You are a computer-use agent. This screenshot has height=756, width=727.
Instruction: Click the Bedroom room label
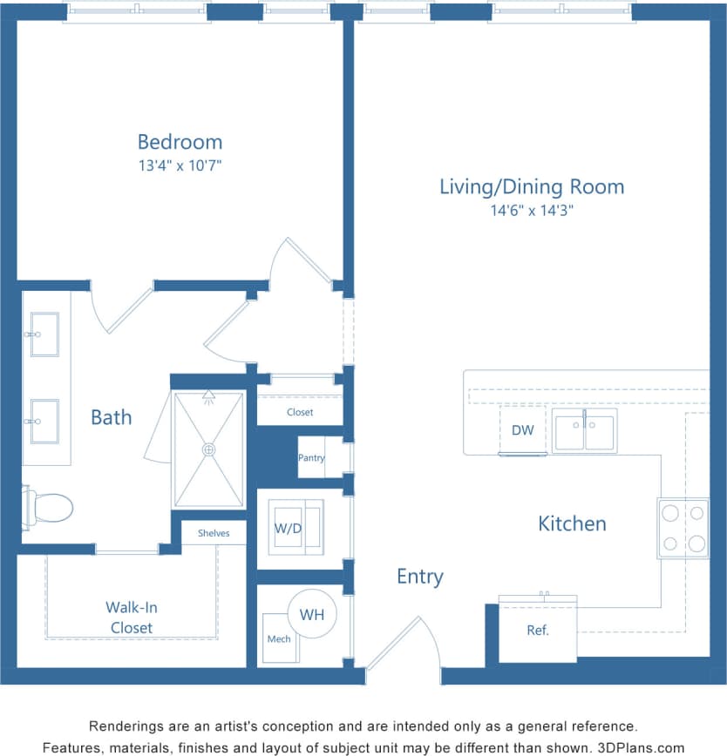click(x=180, y=142)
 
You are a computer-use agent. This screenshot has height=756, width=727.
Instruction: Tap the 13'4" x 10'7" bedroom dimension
click(x=180, y=165)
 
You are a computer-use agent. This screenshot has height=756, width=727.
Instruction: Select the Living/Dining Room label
click(x=531, y=186)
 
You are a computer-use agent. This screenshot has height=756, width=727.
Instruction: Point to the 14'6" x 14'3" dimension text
click(x=531, y=210)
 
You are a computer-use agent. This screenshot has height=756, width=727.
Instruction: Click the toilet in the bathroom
click(x=48, y=506)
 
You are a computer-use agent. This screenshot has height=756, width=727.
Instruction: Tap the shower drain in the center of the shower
click(x=208, y=449)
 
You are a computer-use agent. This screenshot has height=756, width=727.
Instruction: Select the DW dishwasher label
click(x=522, y=430)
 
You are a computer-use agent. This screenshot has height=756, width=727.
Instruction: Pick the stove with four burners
click(x=683, y=528)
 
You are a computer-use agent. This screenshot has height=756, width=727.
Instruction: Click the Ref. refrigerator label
click(x=538, y=631)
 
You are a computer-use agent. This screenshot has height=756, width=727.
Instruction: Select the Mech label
click(x=279, y=639)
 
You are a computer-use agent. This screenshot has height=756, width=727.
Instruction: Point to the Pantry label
click(x=311, y=458)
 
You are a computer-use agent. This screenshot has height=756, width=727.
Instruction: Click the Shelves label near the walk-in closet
click(x=214, y=533)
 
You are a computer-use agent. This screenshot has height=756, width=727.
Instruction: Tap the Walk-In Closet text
click(x=131, y=618)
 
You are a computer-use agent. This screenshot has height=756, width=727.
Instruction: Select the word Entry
click(x=419, y=577)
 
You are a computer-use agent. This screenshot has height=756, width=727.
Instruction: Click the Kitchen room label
click(x=572, y=523)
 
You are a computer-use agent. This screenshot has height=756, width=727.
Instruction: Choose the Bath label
click(x=112, y=417)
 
